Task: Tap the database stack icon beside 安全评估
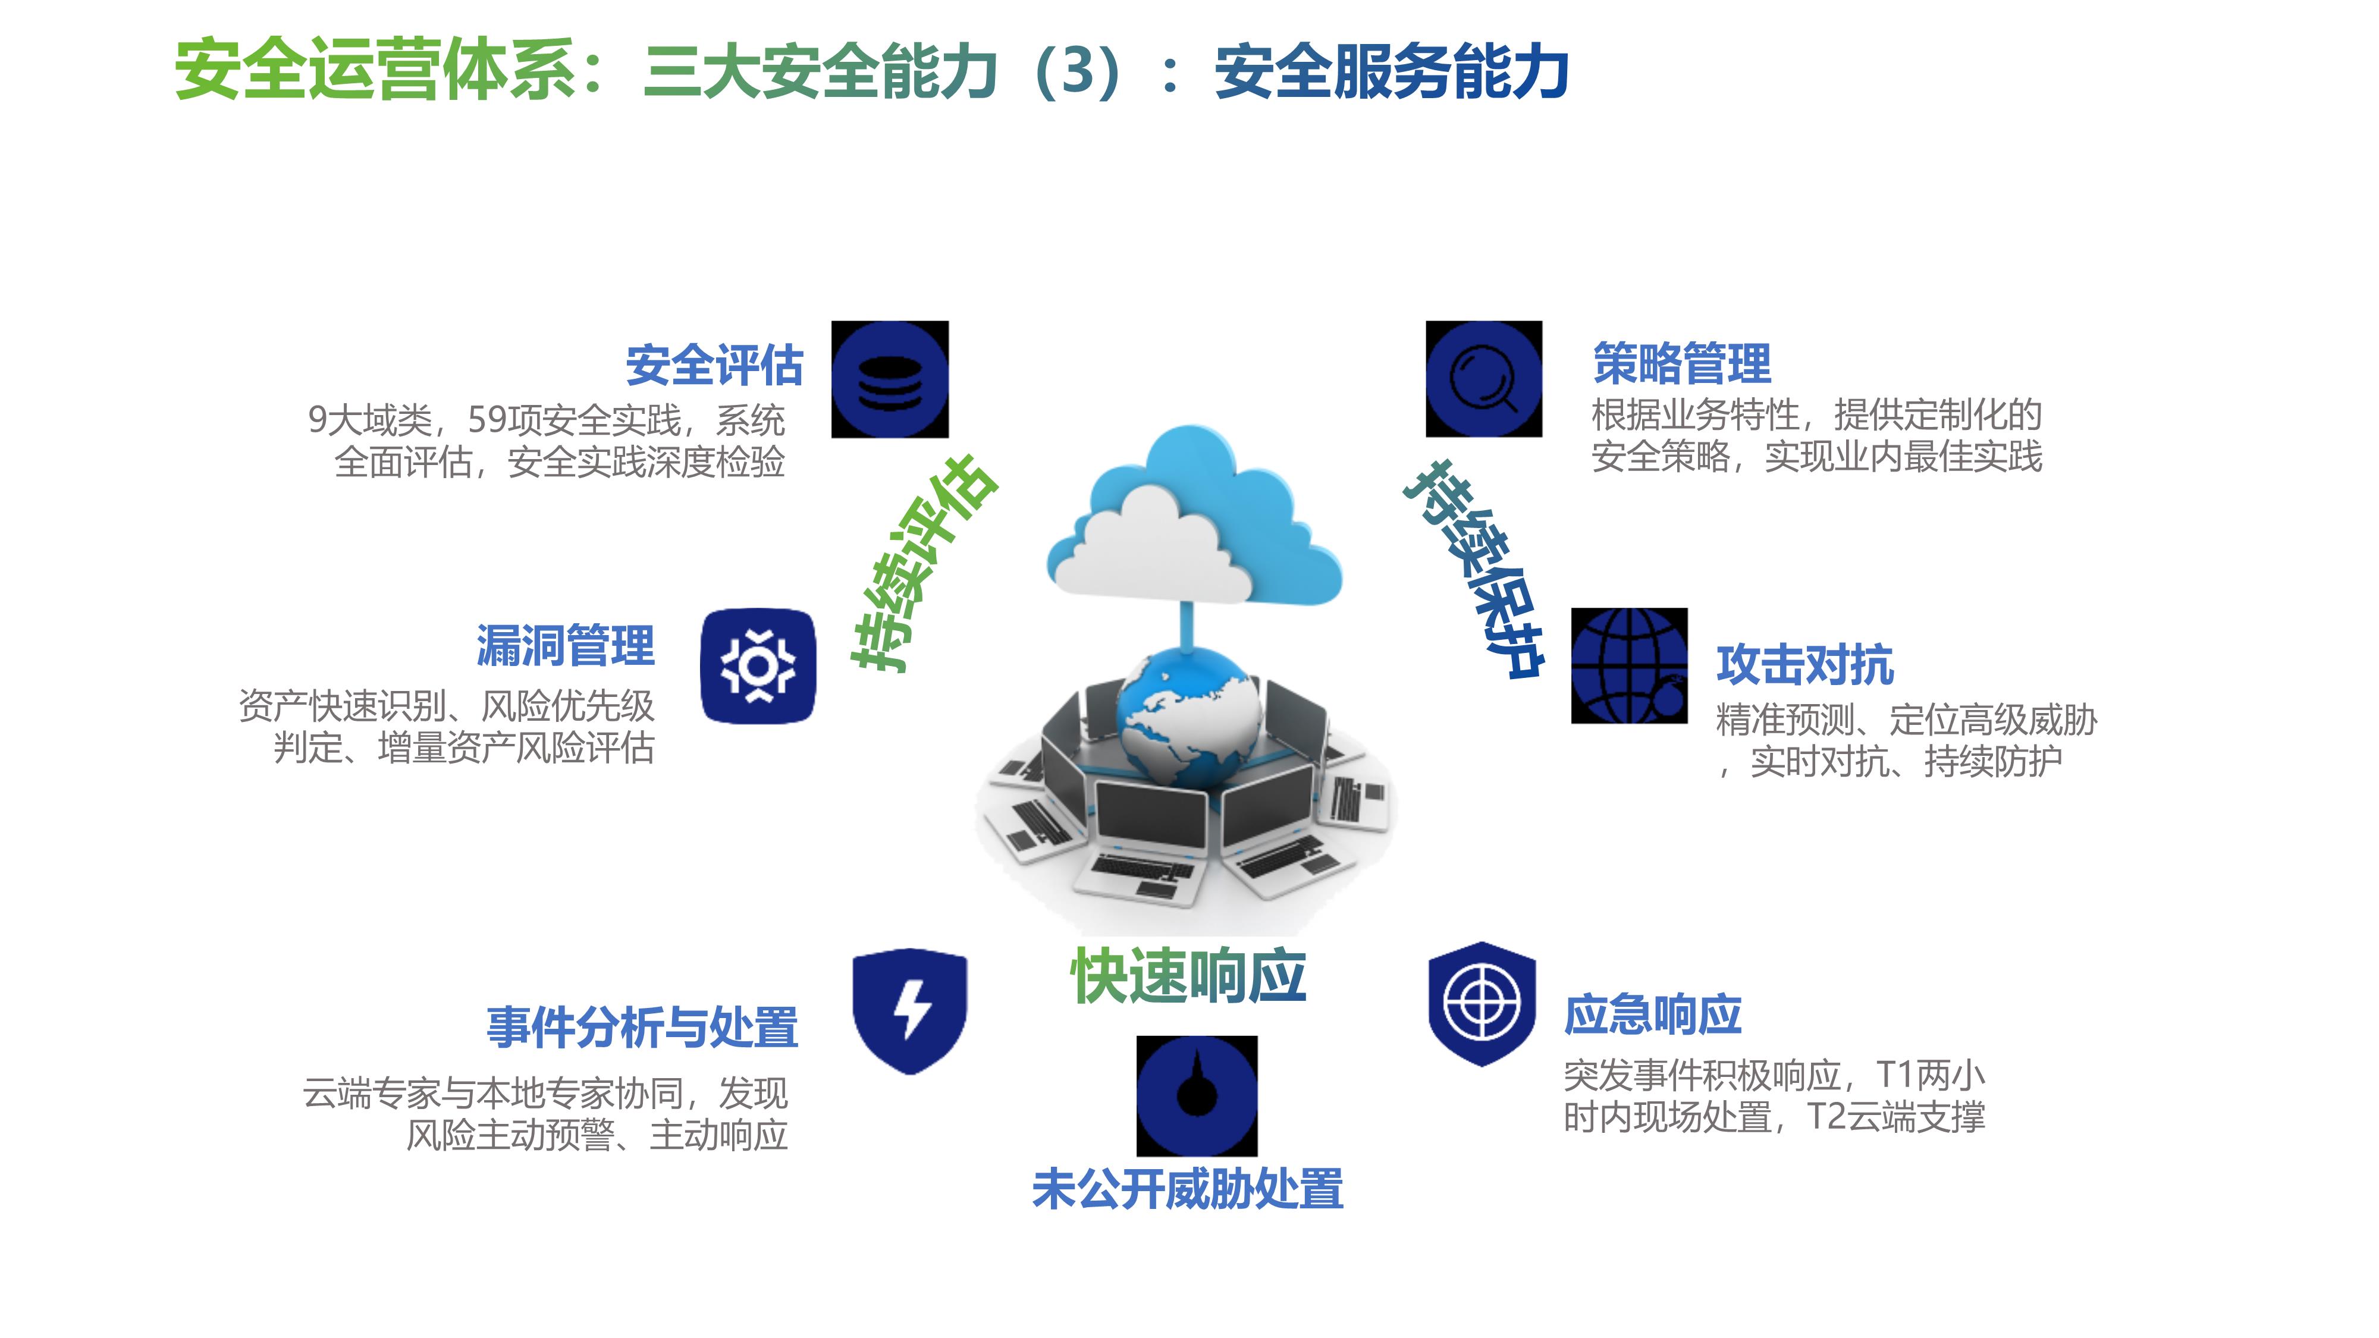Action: [889, 379]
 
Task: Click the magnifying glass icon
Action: [1484, 379]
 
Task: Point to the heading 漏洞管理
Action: [565, 645]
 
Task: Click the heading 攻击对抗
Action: [1804, 665]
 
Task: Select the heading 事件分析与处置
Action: [642, 1027]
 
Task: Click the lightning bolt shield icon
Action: [910, 1010]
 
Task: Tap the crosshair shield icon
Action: [1482, 1004]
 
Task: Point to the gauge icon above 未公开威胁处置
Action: [1197, 1096]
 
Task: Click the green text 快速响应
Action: [1188, 975]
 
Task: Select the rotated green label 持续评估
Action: [924, 563]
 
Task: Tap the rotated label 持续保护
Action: [1474, 570]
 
